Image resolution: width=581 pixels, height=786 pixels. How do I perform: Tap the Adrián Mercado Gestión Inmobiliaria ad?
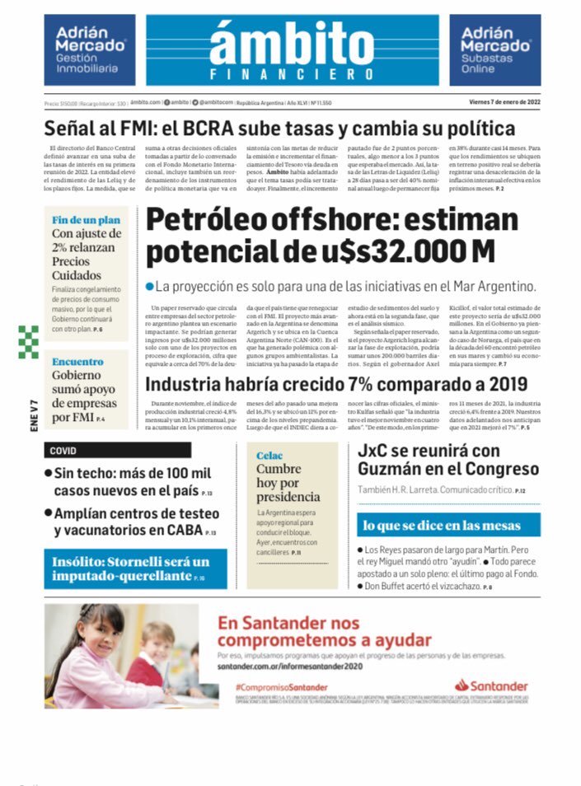(x=90, y=50)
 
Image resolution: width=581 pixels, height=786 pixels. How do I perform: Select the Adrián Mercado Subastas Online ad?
(x=494, y=50)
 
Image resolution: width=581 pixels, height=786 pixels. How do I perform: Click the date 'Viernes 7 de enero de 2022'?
(x=504, y=102)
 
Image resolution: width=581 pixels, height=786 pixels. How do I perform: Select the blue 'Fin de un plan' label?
(x=86, y=220)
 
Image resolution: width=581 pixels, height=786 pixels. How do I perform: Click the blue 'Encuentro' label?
(x=77, y=362)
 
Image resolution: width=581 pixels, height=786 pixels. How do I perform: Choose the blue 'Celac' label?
(x=269, y=455)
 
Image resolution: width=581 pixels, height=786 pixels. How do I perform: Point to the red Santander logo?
(x=491, y=685)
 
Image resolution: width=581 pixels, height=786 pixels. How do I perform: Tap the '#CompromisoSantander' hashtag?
(x=280, y=686)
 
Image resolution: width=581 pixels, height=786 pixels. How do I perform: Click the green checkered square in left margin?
(x=29, y=341)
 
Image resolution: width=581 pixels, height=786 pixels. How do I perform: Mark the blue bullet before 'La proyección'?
(x=149, y=287)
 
